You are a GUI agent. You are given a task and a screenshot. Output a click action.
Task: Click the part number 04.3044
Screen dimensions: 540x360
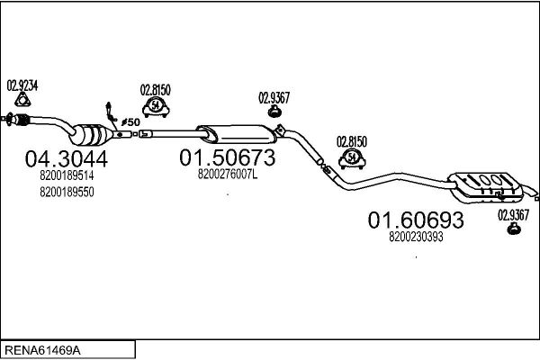pyautogui.click(x=66, y=158)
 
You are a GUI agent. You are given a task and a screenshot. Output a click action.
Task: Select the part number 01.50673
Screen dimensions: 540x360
pyautogui.click(x=228, y=157)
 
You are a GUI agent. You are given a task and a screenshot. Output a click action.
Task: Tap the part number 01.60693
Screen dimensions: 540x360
pyautogui.click(x=416, y=220)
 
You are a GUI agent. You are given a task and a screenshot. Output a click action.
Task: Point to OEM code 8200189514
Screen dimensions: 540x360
pyautogui.click(x=67, y=175)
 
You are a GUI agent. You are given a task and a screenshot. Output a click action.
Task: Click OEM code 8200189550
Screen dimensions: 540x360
pyautogui.click(x=67, y=192)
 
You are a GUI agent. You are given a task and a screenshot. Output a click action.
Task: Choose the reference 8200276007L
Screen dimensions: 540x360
pyautogui.click(x=228, y=175)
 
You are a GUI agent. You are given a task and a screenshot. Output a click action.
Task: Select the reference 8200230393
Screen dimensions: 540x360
pyautogui.click(x=416, y=237)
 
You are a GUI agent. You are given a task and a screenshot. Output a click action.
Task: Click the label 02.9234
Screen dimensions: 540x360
pyautogui.click(x=22, y=85)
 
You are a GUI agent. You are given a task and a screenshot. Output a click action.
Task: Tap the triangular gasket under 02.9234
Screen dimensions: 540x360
pyautogui.click(x=22, y=100)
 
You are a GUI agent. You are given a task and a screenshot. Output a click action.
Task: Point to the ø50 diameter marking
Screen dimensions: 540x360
pyautogui.click(x=130, y=122)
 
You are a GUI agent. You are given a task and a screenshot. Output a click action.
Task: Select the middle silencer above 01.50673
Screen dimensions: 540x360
pyautogui.click(x=237, y=134)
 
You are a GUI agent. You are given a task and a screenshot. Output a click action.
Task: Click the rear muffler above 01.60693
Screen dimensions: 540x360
pyautogui.click(x=486, y=185)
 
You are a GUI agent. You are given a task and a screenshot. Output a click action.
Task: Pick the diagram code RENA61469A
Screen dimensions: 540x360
pyautogui.click(x=42, y=350)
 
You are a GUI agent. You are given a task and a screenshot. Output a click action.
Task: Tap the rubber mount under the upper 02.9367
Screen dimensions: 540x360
pyautogui.click(x=274, y=111)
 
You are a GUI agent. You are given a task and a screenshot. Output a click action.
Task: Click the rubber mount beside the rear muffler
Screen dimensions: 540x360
pyautogui.click(x=514, y=229)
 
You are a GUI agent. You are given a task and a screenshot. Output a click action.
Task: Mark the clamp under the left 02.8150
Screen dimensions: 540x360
pyautogui.click(x=156, y=107)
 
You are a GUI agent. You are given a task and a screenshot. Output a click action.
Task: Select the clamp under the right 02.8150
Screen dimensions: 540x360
pyautogui.click(x=352, y=158)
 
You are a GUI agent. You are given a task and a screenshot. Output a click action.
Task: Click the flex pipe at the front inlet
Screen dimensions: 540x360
pyautogui.click(x=22, y=120)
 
